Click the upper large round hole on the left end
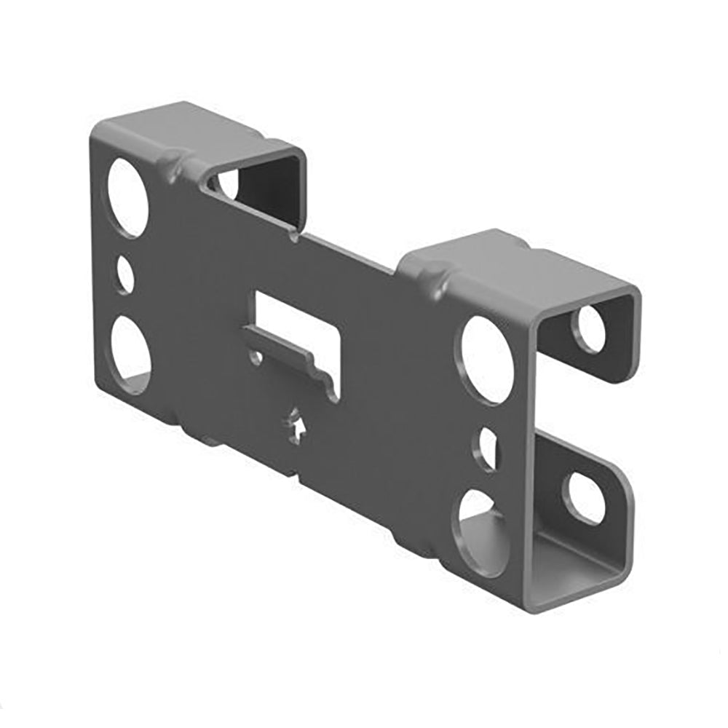tap(128, 197)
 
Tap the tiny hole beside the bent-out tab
tap(256, 357)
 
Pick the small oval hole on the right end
tap(487, 448)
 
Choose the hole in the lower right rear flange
tap(586, 499)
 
